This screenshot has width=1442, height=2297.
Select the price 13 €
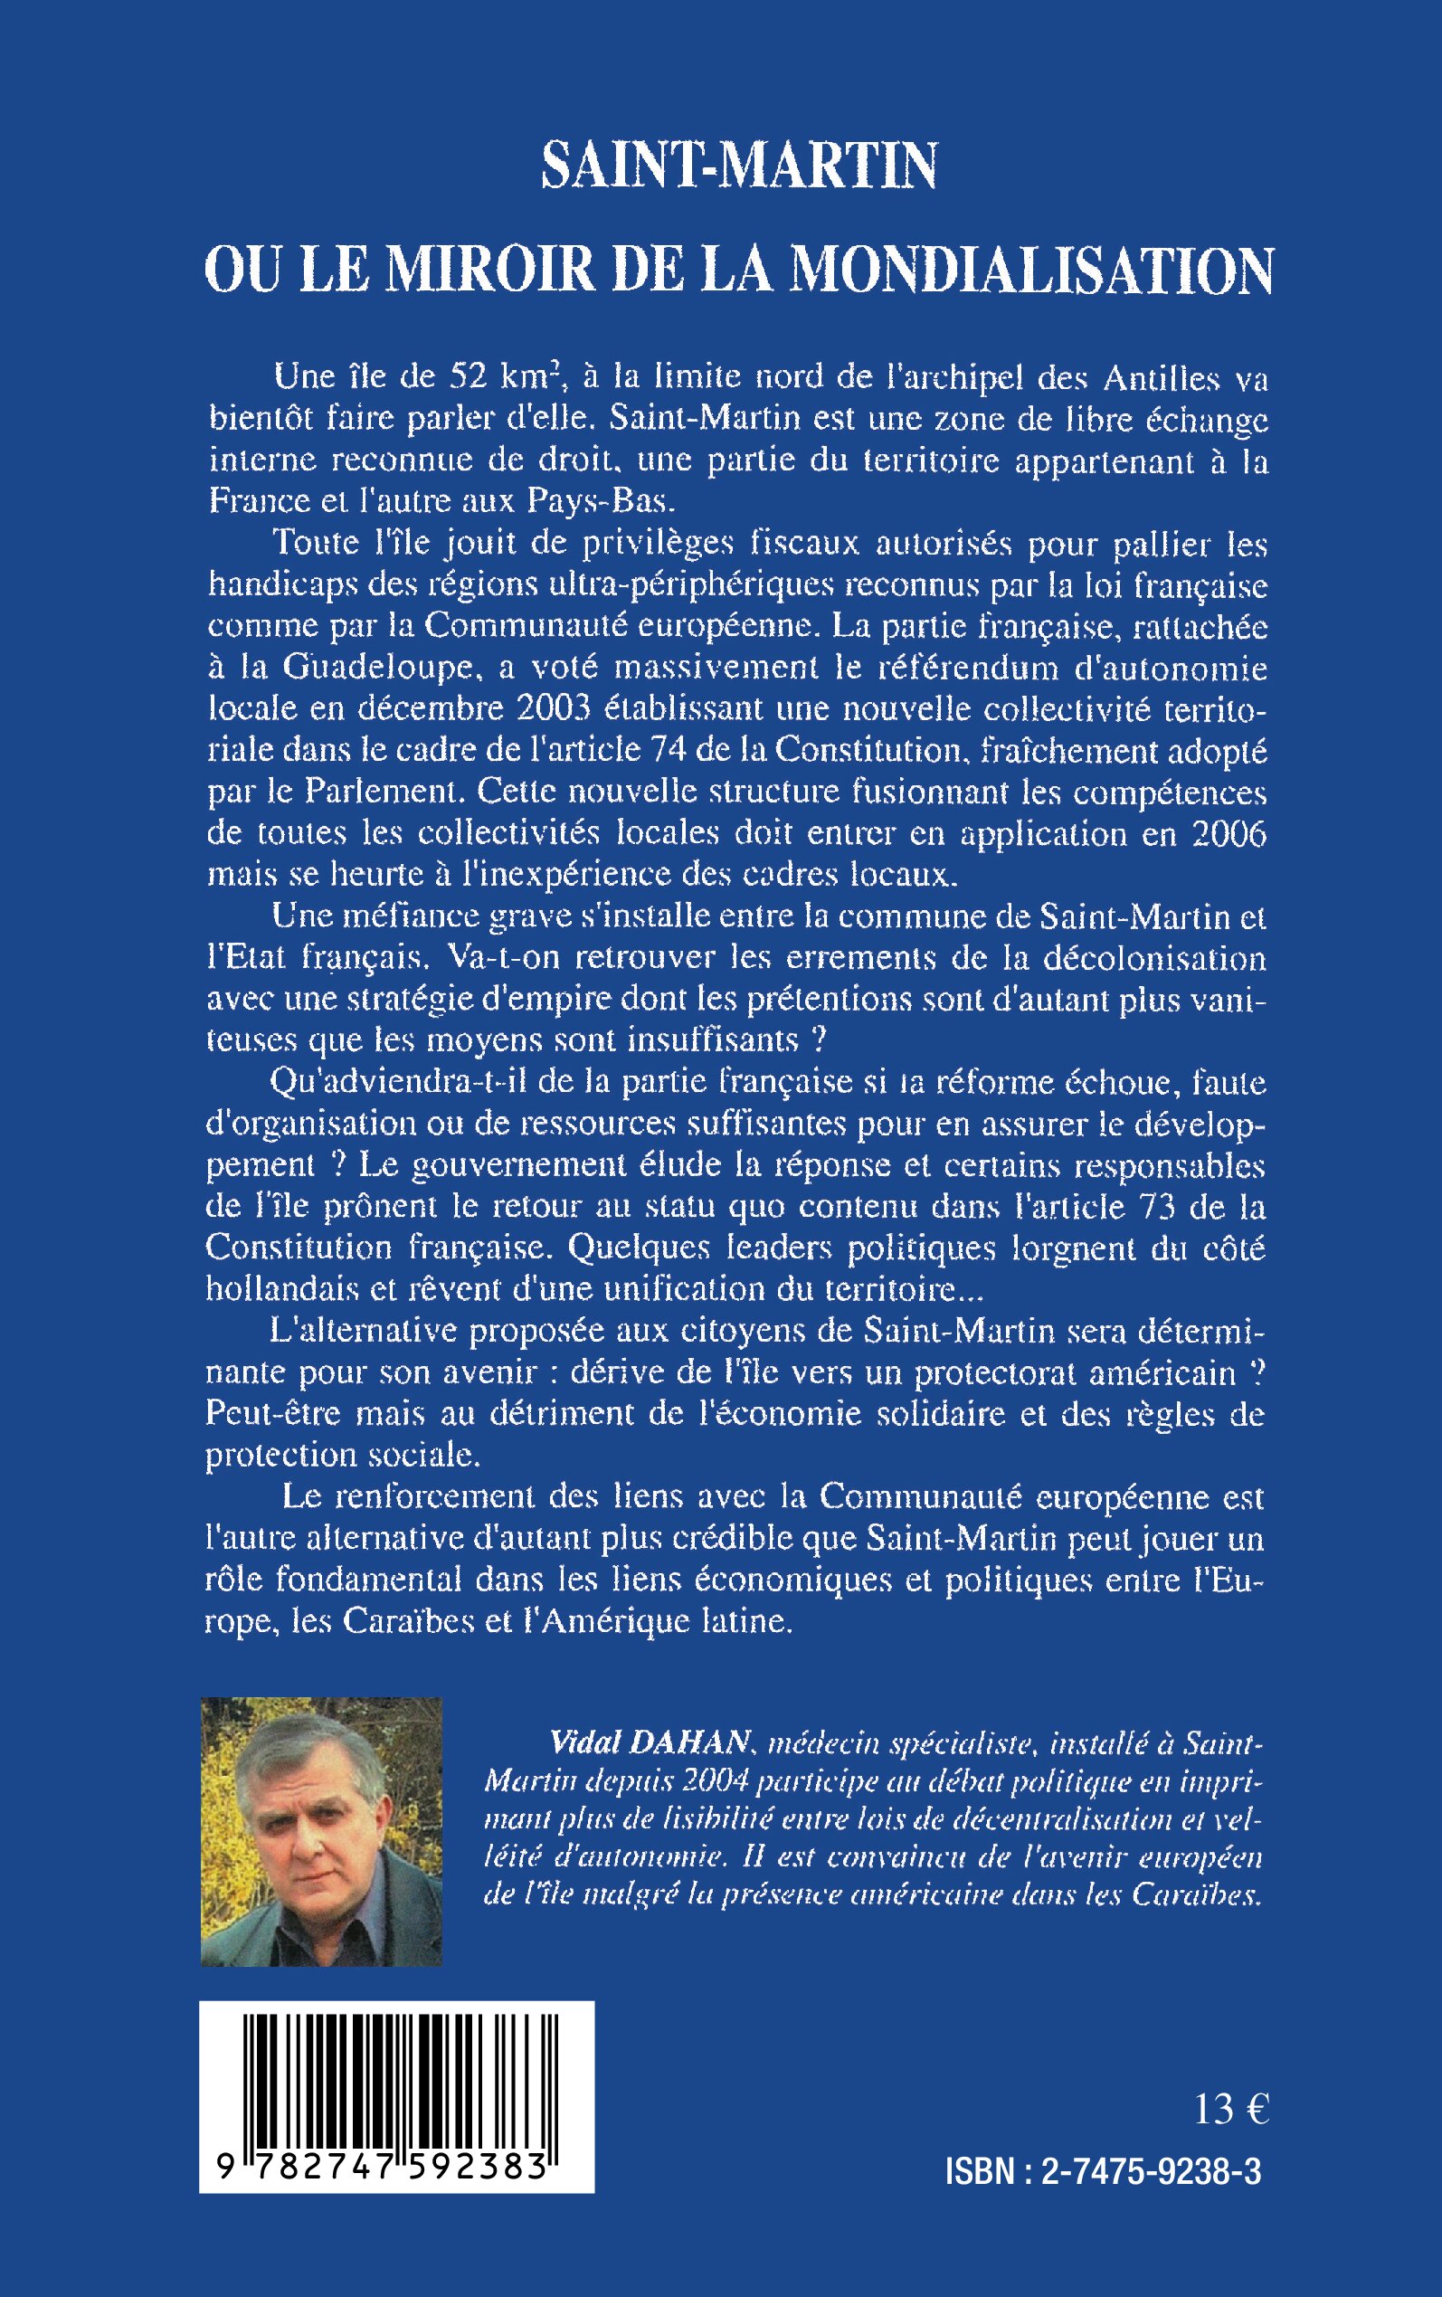pos(1231,2110)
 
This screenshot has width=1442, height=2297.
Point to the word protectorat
pos(1020,1372)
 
